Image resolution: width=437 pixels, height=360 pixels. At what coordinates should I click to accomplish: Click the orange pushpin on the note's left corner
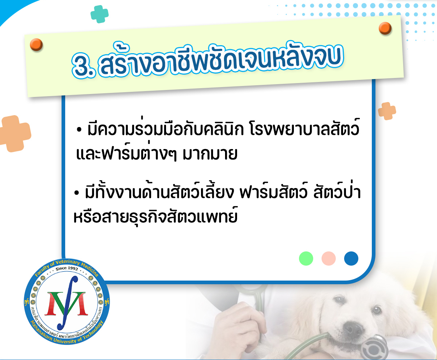point(36,44)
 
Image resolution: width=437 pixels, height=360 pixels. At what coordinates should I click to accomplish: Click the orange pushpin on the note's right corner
point(385,28)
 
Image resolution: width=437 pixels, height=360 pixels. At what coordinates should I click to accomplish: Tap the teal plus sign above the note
point(99,14)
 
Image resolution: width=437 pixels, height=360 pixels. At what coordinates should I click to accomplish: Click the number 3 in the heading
point(82,66)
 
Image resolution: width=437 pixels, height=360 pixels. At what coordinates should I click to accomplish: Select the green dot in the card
point(306,259)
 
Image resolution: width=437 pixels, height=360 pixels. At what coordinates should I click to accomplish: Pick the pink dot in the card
point(328,259)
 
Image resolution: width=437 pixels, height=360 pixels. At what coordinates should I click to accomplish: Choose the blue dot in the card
point(351,259)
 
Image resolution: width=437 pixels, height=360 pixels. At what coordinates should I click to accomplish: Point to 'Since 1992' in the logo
point(67,269)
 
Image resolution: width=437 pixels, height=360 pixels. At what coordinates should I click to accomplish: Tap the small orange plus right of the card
point(387,111)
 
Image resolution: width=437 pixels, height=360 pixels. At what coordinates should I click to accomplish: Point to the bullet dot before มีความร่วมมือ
point(79,130)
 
